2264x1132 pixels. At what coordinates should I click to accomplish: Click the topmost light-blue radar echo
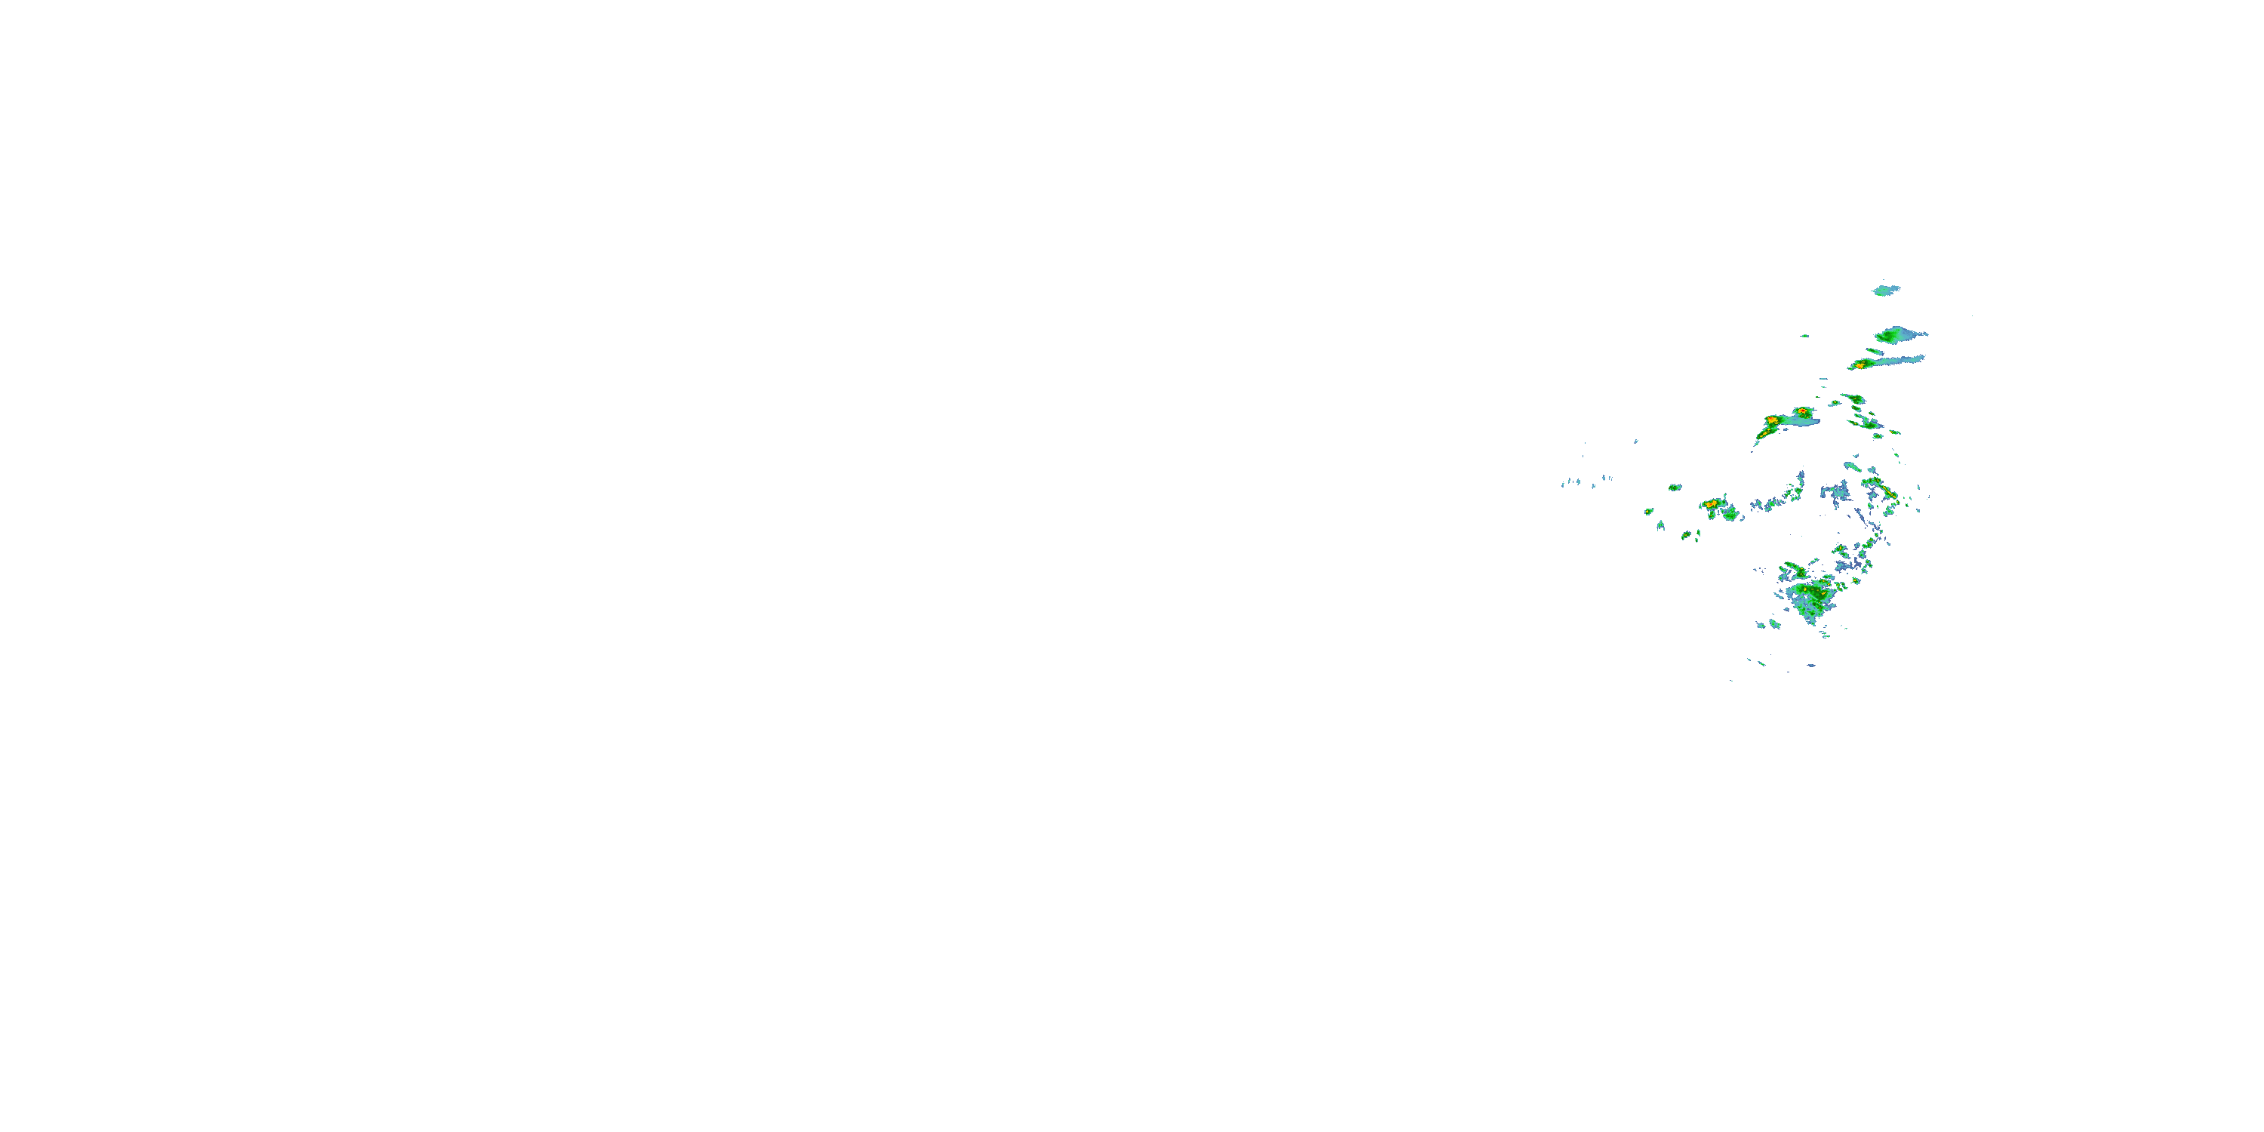(1885, 290)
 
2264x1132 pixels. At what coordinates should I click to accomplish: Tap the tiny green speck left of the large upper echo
(1804, 336)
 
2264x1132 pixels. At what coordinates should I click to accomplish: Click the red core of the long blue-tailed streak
(1860, 364)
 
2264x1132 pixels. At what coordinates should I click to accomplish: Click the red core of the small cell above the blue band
(1803, 411)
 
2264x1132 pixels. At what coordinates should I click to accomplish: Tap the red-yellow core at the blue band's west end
(1772, 422)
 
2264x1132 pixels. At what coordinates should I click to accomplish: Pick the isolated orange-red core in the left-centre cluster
(1711, 503)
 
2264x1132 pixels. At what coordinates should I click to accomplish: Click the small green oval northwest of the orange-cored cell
(1675, 487)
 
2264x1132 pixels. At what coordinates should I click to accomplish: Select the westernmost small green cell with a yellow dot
(1649, 511)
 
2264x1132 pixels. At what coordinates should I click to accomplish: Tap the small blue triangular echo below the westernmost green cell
(1661, 527)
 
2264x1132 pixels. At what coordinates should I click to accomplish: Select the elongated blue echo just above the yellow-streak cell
(1853, 466)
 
